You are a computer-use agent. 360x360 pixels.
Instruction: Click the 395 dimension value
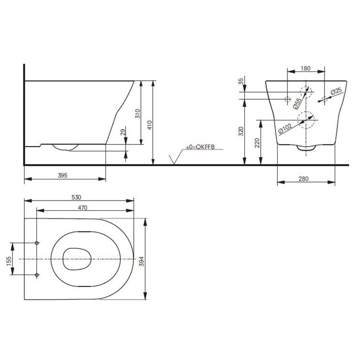click(63, 175)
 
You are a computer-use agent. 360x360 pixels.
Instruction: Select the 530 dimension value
click(78, 197)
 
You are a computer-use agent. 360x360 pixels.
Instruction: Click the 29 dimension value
click(123, 133)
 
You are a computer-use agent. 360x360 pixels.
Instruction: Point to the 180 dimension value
click(305, 68)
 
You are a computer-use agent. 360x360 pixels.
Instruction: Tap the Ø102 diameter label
click(285, 128)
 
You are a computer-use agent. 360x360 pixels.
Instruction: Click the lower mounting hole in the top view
click(37, 276)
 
